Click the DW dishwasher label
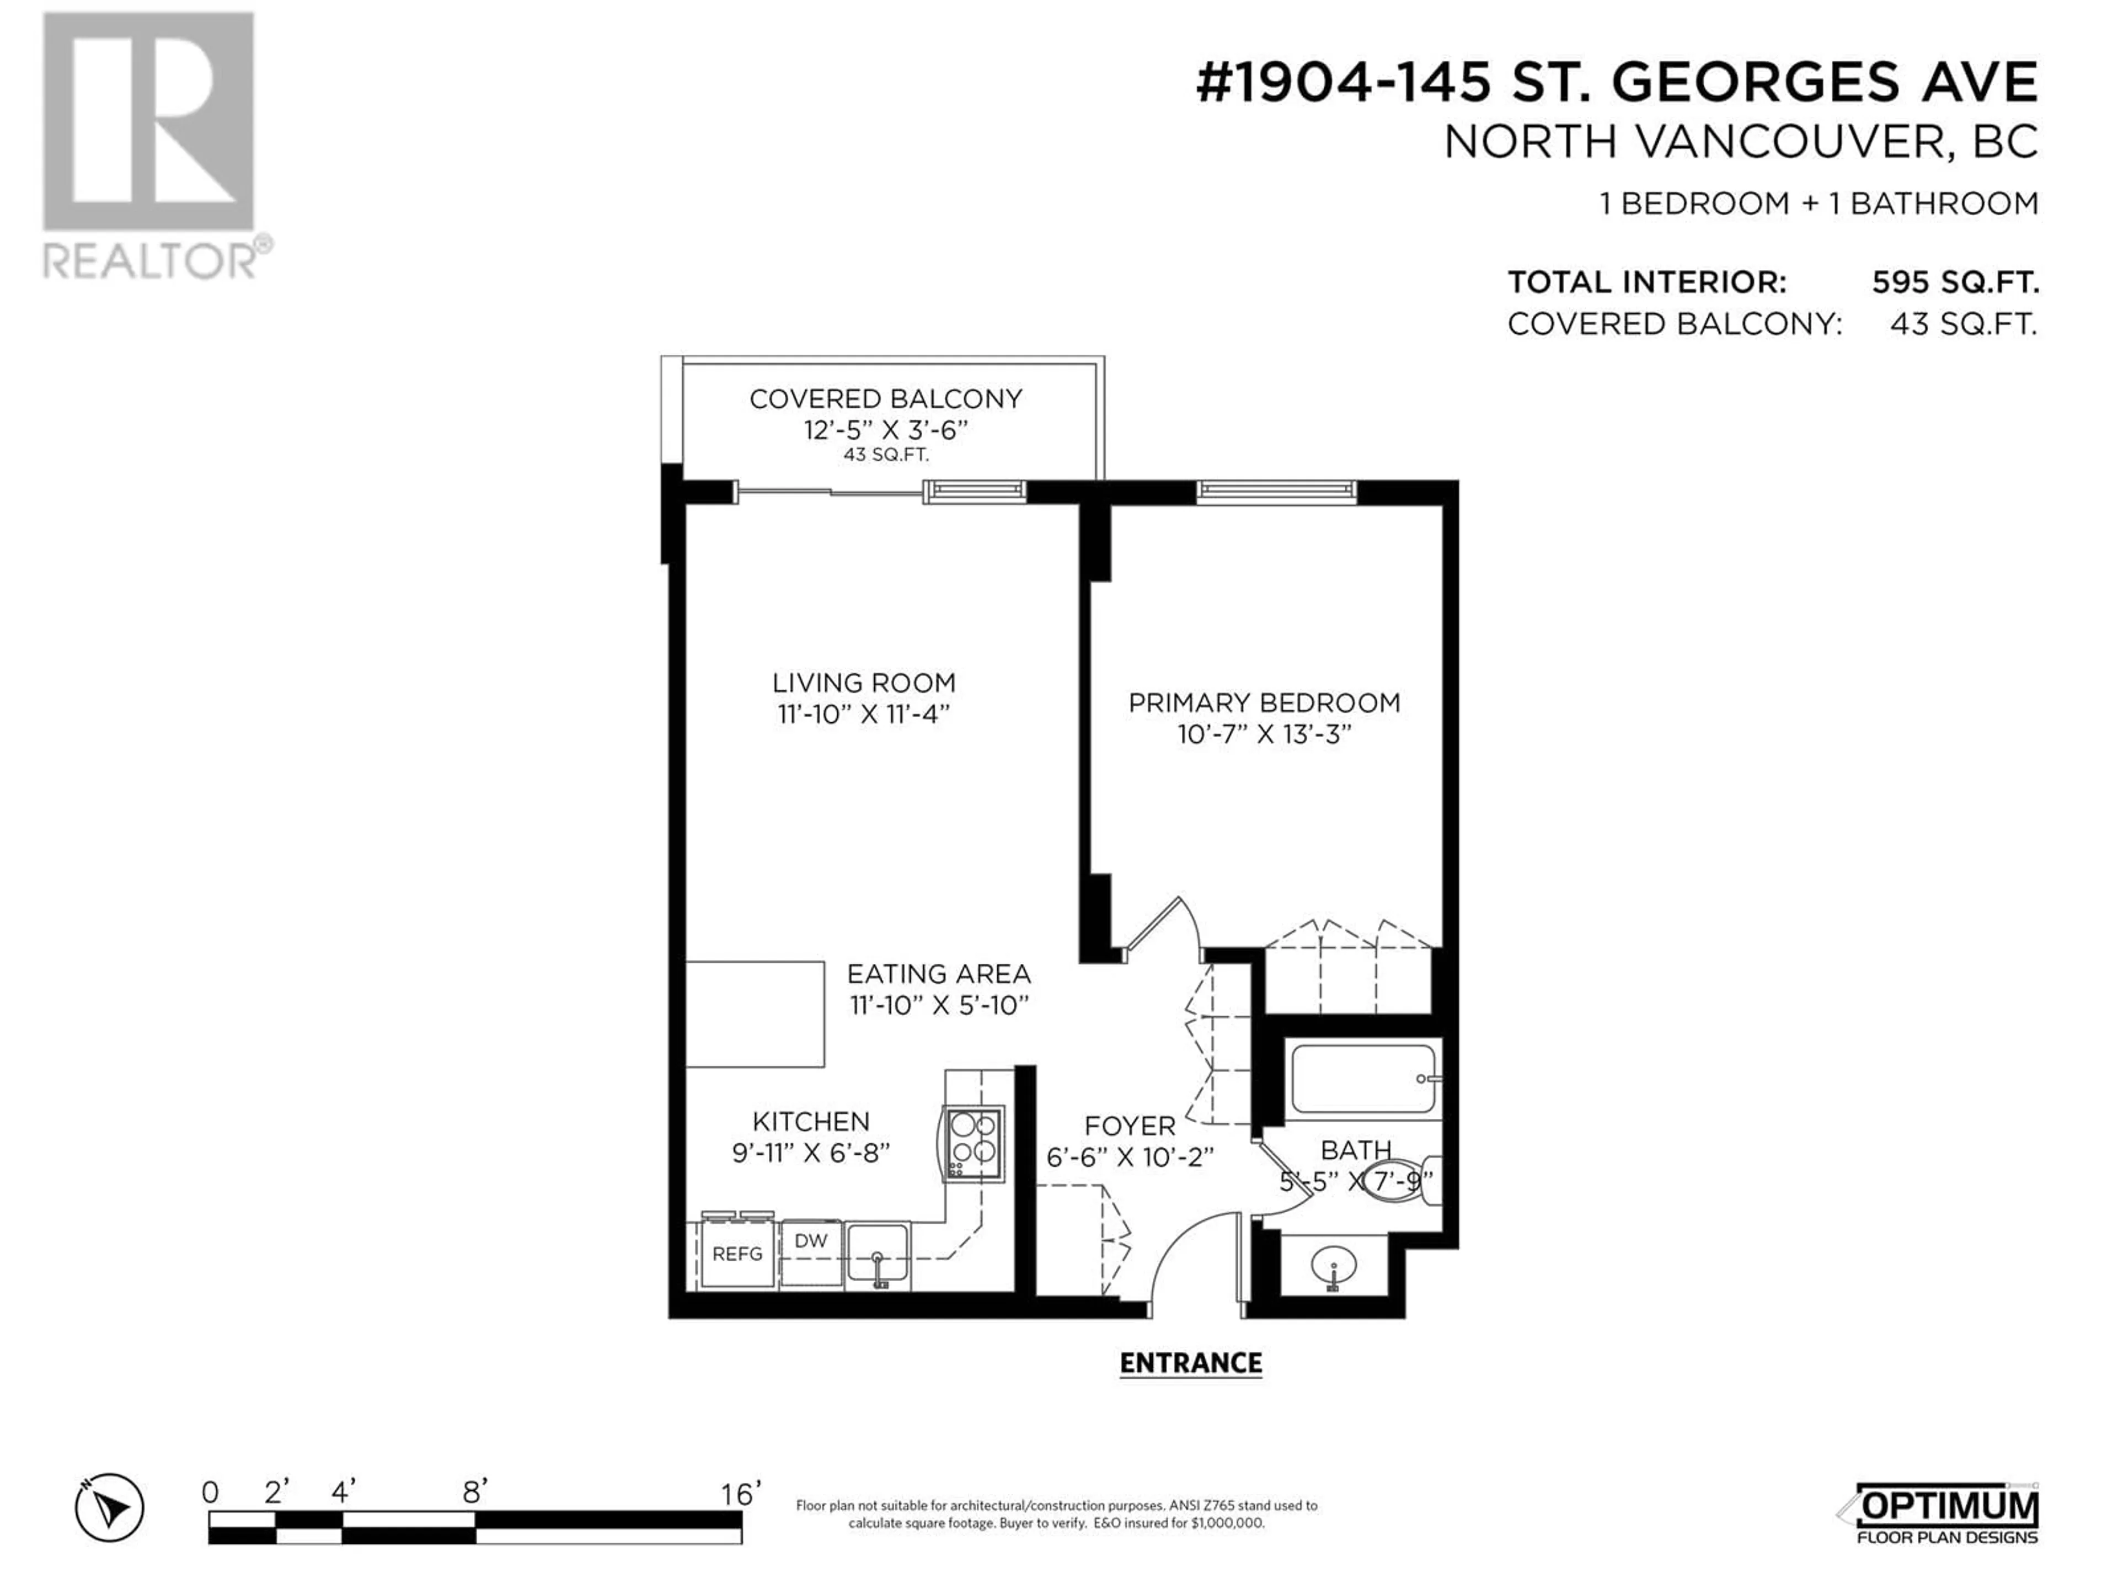(811, 1240)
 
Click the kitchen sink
(877, 1255)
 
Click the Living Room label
(864, 683)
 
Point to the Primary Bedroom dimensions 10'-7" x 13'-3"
(1264, 735)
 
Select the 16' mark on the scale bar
(741, 1493)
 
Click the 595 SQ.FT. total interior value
(1955, 282)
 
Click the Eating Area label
(938, 974)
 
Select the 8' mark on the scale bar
(475, 1492)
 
